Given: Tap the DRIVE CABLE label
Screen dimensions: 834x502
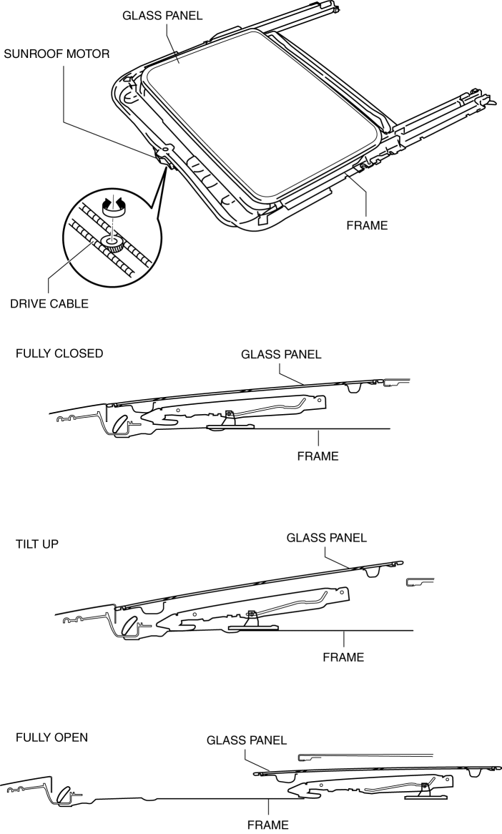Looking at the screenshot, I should pyautogui.click(x=49, y=303).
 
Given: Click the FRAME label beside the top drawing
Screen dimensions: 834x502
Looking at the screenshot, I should pyautogui.click(x=366, y=225).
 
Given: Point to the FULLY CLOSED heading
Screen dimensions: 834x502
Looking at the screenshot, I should pyautogui.click(x=59, y=353).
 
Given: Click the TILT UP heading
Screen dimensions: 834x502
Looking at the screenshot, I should pyautogui.click(x=37, y=544).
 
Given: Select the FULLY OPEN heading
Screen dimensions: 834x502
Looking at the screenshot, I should pyautogui.click(x=52, y=737).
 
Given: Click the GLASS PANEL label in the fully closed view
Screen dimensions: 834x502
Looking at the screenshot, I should pyautogui.click(x=281, y=354).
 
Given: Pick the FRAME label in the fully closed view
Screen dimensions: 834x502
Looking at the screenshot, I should pyautogui.click(x=318, y=456).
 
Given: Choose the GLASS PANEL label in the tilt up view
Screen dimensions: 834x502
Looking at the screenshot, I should pyautogui.click(x=326, y=537).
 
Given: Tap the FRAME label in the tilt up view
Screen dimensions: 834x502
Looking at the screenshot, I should pyautogui.click(x=343, y=657).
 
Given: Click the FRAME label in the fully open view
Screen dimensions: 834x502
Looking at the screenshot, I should pyautogui.click(x=267, y=825).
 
